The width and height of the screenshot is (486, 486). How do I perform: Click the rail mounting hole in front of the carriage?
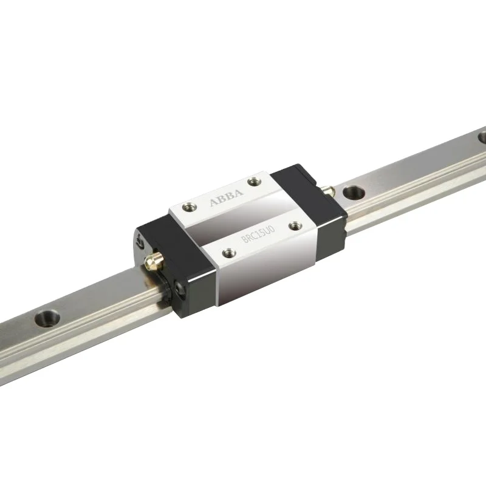(x=47, y=317)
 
